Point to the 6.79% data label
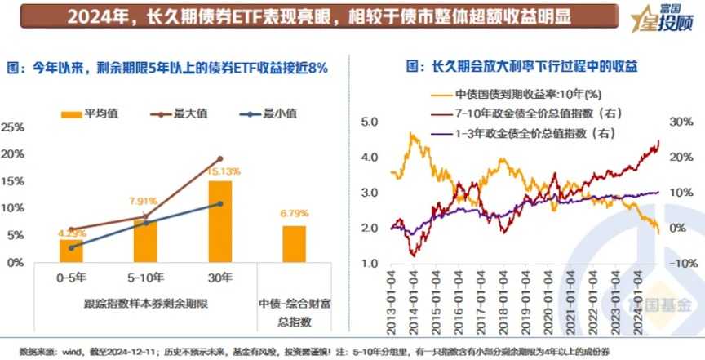tap(295, 213)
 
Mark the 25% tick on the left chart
tap(12, 127)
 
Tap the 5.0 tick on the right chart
tap(370, 121)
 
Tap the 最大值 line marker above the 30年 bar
tap(219, 158)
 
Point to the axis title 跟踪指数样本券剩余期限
tap(146, 304)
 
